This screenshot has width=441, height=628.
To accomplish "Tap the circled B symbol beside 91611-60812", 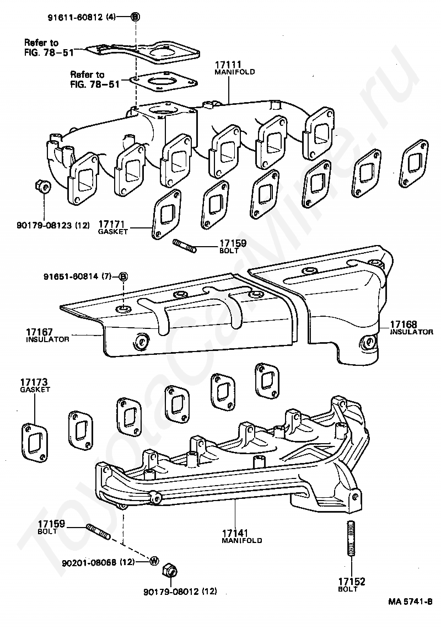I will click(x=135, y=17).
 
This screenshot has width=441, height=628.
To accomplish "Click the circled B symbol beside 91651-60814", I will click(x=123, y=275).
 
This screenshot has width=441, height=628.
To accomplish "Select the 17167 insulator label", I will click(x=47, y=334).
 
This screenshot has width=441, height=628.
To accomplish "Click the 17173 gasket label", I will click(x=35, y=385).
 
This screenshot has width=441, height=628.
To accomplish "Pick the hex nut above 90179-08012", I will click(x=170, y=570).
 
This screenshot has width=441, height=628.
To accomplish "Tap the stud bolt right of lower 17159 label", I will click(x=99, y=532).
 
